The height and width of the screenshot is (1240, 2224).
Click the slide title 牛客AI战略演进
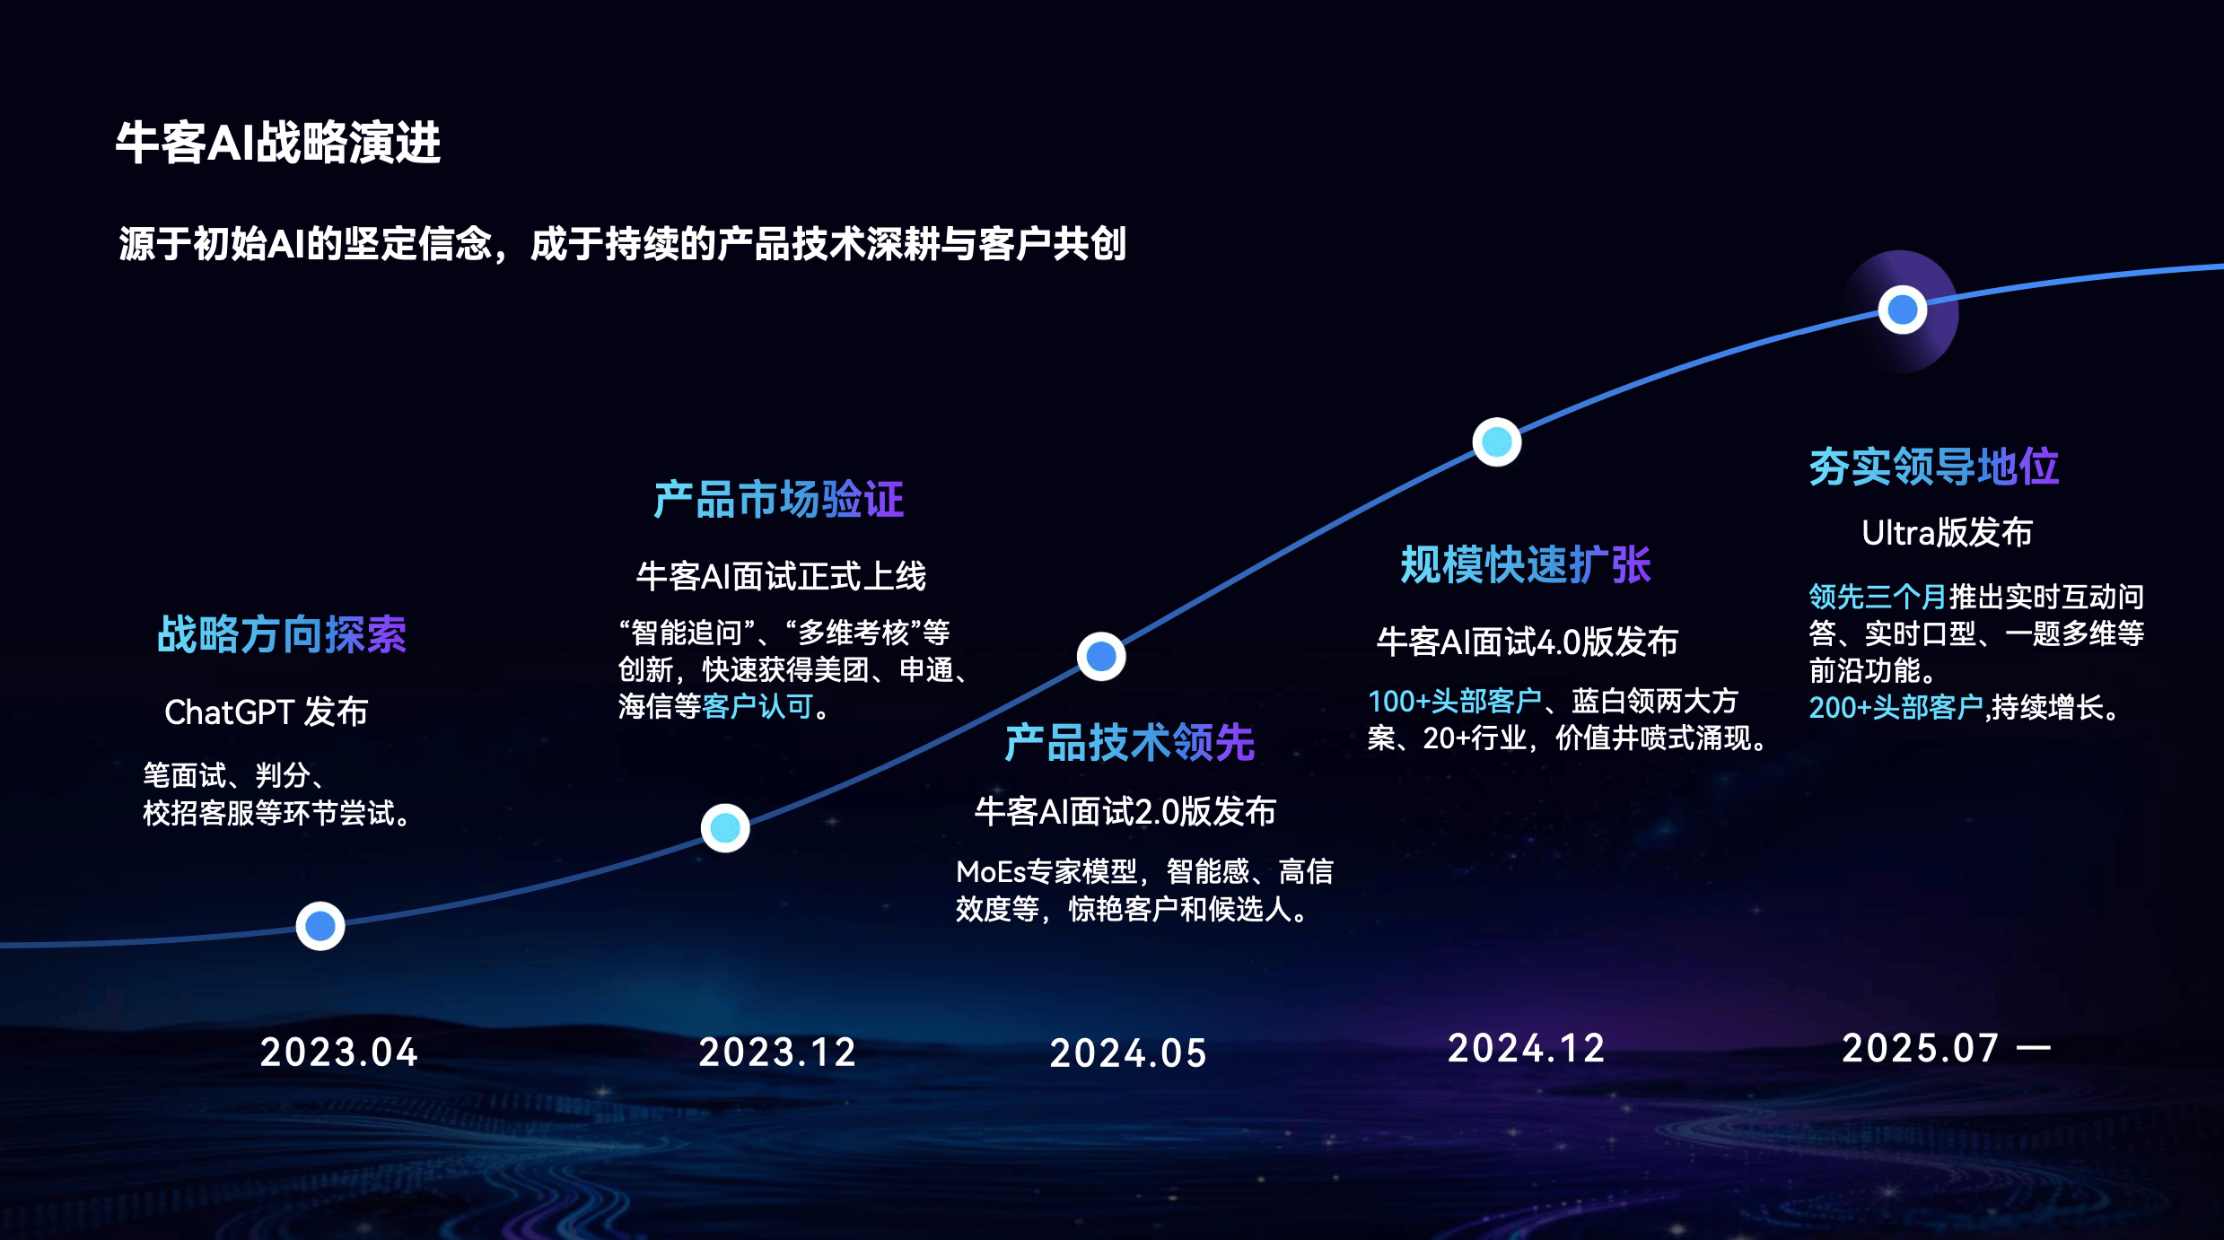point(278,143)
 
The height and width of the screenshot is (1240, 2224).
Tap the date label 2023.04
point(339,1052)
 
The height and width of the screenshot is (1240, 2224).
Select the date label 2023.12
point(777,1052)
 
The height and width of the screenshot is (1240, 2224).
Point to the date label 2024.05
point(1128,1053)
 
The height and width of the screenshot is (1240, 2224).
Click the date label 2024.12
point(1527,1049)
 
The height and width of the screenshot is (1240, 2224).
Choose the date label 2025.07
point(1921,1048)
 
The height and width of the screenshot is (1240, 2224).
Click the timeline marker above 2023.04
point(320,926)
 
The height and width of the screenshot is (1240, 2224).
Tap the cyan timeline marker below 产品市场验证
point(725,828)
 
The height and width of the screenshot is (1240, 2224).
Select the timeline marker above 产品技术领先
point(1101,657)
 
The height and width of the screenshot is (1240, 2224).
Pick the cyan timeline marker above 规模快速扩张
point(1497,441)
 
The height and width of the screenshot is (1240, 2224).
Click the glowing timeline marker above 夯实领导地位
point(1903,310)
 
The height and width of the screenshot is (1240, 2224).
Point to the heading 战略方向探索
point(282,635)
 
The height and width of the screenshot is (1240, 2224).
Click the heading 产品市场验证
point(779,500)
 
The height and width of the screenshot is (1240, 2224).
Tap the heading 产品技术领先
point(1130,743)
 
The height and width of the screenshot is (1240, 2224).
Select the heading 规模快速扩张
point(1526,565)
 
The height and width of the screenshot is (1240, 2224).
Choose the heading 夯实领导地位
point(1934,467)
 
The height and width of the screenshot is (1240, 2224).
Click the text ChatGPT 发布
point(267,712)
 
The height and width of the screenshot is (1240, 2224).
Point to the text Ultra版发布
point(1948,533)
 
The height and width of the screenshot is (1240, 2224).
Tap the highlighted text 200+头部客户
point(1896,708)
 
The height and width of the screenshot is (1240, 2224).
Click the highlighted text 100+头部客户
point(1455,701)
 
